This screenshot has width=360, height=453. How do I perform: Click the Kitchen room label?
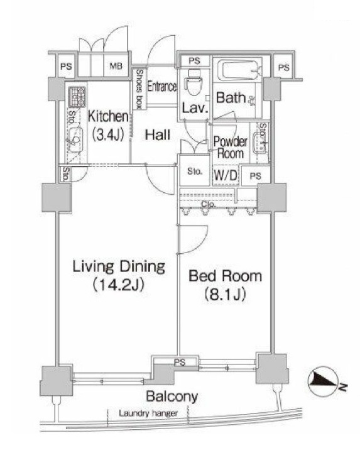click(108, 117)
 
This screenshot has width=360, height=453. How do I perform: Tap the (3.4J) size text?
click(108, 134)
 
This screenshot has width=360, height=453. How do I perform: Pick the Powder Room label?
click(230, 146)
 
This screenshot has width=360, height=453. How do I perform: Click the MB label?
click(117, 66)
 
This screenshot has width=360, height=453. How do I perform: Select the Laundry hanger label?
click(148, 413)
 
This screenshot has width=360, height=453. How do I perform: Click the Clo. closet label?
click(208, 204)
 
